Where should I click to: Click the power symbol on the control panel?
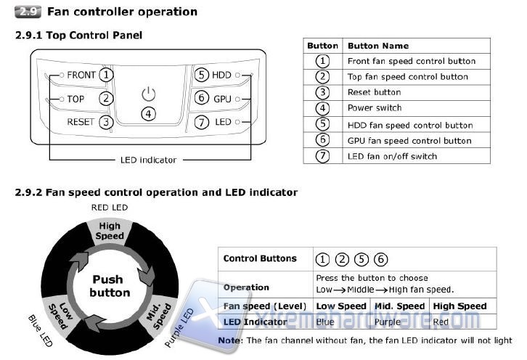148,94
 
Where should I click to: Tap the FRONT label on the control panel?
81,75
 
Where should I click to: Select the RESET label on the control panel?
80,122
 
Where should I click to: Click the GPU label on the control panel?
221,99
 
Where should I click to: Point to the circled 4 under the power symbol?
148,114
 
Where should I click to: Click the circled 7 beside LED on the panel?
201,122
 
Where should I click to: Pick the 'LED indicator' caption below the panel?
148,160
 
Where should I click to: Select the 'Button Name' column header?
377,46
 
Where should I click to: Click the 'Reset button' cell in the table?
374,92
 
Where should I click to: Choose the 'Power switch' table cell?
374,108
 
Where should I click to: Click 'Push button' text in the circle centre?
110,286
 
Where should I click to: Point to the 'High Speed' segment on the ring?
110,231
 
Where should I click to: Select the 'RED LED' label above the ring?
110,208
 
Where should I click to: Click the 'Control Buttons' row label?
260,258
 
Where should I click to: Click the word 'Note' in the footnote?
230,340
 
